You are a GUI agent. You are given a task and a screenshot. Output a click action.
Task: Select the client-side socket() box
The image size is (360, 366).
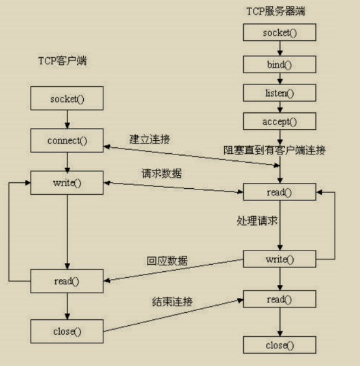tap(67, 100)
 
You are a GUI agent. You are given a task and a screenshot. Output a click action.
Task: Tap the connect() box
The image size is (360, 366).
tap(67, 140)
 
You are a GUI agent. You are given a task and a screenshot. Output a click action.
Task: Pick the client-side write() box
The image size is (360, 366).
tap(67, 182)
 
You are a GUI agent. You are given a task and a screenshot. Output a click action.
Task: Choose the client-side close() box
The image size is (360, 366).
tap(67, 332)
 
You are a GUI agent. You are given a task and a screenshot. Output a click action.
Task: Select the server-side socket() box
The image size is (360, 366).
tap(279, 32)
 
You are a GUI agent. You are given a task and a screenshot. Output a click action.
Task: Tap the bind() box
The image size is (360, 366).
tap(279, 63)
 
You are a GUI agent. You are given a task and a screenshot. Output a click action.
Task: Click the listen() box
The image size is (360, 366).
tap(279, 93)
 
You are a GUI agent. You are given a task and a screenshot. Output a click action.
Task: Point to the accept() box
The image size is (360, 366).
tap(279, 121)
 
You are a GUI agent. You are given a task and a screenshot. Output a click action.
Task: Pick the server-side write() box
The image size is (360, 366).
tap(279, 260)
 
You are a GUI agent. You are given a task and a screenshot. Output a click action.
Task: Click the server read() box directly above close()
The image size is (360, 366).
tap(279, 299)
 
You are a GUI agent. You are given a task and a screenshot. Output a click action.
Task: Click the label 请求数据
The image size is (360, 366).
tap(162, 174)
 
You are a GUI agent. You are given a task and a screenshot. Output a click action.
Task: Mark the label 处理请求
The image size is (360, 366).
tap(257, 220)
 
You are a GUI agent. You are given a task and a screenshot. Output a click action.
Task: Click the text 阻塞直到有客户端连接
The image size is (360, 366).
tap(275, 150)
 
